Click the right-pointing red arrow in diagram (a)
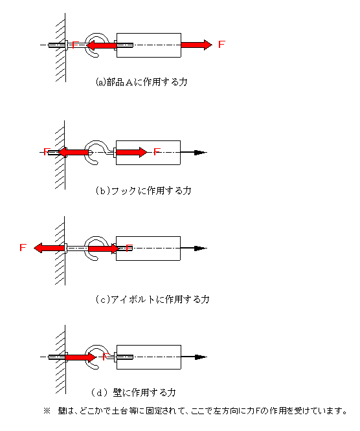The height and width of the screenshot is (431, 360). point(196,45)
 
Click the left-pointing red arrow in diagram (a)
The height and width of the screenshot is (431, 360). point(101,45)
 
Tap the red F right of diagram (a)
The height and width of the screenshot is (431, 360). point(221,44)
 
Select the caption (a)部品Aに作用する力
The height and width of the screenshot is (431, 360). point(141,82)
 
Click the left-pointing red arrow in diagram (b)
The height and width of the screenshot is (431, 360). point(73,152)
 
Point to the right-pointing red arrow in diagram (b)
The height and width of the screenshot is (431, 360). point(131,152)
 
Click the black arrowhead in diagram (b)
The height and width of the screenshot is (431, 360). point(201,152)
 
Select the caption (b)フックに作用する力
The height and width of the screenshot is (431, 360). point(143,190)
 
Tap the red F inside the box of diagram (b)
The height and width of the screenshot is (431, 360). point(157,151)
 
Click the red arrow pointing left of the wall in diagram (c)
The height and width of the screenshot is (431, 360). point(49,248)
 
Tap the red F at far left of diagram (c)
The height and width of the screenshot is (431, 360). point(23,247)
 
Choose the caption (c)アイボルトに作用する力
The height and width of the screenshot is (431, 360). point(152,299)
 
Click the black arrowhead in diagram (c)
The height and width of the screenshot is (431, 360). point(201,249)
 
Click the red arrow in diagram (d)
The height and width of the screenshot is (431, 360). point(80,357)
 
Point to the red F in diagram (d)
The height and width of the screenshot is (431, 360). point(106,357)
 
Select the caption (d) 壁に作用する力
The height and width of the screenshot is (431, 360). point(133,393)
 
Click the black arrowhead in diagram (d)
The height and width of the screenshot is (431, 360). point(201,357)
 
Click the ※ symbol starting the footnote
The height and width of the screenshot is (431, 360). point(47,411)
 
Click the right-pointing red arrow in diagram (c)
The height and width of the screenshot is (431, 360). point(104,249)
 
